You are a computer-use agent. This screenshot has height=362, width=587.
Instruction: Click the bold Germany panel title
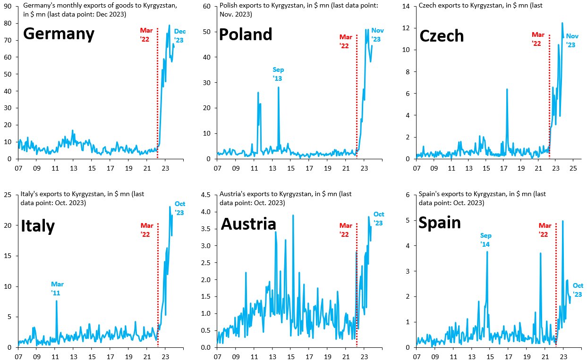59,34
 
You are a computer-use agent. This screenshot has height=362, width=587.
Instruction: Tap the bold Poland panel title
246,34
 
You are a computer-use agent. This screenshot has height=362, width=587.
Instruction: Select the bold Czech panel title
442,35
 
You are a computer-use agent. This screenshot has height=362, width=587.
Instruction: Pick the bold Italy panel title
38,226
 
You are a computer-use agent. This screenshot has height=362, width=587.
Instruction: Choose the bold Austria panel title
248,224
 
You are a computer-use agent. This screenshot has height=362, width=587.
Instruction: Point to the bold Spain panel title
440,222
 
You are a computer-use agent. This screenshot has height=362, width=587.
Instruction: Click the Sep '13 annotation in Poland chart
278,74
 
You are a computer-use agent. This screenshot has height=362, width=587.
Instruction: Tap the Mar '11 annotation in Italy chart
57,288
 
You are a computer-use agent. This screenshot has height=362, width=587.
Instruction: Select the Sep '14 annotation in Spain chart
486,239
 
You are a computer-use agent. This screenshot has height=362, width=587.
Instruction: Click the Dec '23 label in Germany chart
179,36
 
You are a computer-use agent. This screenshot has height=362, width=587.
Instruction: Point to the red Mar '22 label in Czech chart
538,39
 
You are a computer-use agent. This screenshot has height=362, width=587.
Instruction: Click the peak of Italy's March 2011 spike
57,301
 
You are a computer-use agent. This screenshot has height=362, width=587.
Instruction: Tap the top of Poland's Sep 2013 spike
279,87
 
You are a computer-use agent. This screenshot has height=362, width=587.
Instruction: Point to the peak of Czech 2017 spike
507,89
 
